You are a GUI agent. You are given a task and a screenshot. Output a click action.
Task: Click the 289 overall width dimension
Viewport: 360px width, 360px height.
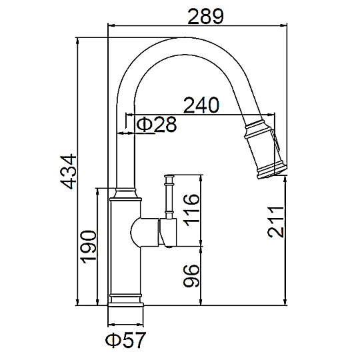point(205,17)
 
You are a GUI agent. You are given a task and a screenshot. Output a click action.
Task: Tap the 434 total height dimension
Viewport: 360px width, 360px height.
point(68,172)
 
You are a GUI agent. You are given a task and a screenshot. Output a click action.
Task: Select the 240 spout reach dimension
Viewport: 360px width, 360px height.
point(201,105)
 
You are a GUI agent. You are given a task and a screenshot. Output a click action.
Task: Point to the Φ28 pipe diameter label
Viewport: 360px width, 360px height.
point(157,124)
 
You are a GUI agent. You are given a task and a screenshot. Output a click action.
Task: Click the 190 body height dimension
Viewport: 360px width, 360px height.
point(89,247)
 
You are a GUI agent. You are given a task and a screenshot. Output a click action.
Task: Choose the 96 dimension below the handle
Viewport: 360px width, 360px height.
point(191,276)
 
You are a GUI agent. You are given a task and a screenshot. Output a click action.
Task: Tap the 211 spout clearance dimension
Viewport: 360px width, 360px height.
point(275,222)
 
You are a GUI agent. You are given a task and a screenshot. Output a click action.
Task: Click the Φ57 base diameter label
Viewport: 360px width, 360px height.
point(125,340)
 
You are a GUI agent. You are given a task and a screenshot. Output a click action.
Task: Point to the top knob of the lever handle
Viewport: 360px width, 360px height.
point(169,176)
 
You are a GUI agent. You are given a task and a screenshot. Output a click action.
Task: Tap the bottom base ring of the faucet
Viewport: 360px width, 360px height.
point(125,305)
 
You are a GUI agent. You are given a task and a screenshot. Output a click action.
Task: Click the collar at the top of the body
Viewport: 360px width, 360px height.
point(125,194)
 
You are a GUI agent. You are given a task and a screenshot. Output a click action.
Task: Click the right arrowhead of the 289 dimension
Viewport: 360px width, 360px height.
point(284,25)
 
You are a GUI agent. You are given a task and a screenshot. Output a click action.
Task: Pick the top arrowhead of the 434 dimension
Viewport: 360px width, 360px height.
point(77,41)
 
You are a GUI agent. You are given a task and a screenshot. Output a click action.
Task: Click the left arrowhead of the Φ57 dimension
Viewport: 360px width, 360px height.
point(111,325)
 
